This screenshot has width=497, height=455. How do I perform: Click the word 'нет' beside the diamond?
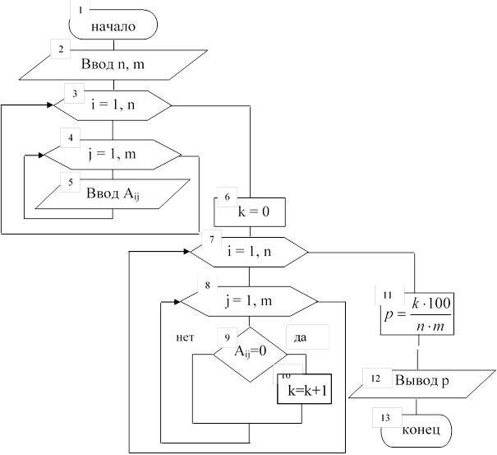185,337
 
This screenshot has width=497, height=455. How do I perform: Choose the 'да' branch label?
306,337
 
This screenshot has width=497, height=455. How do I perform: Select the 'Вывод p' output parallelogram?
420,382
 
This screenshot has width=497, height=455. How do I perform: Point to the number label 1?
81,11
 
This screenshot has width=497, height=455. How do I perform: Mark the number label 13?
385,417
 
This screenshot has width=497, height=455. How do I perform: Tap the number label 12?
375,378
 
